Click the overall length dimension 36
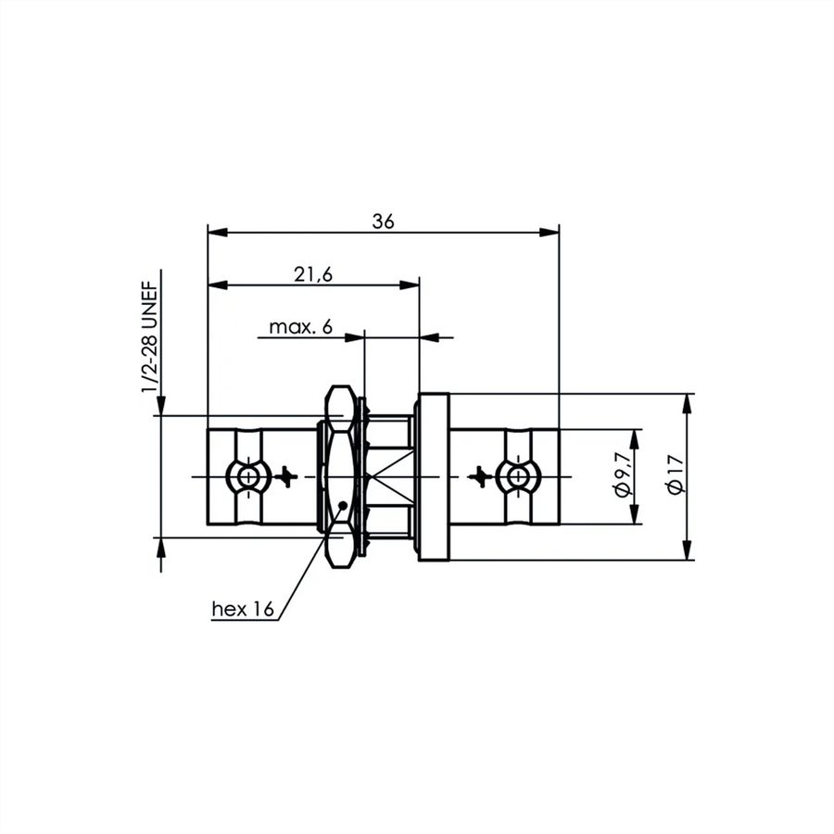point(383,221)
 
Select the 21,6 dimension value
point(313,274)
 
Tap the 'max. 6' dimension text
point(300,326)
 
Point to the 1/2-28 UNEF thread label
point(150,337)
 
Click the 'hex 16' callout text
point(243,609)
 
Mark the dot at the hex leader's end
point(343,505)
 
